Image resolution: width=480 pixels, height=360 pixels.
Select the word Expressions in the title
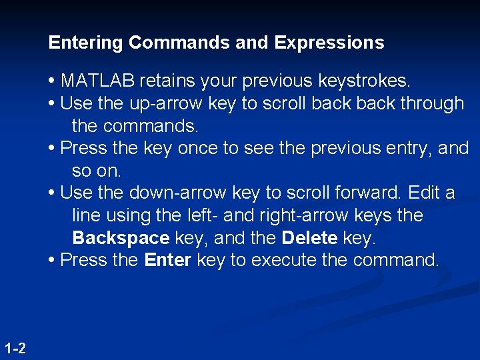[x=329, y=43]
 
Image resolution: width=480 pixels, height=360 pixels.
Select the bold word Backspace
[x=121, y=238]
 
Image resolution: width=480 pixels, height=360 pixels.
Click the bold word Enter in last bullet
[x=167, y=260]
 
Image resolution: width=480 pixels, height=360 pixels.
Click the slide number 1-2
[x=15, y=348]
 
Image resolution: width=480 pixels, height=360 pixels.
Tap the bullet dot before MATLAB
[x=52, y=82]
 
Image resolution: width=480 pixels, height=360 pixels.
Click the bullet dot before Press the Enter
[x=52, y=261]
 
